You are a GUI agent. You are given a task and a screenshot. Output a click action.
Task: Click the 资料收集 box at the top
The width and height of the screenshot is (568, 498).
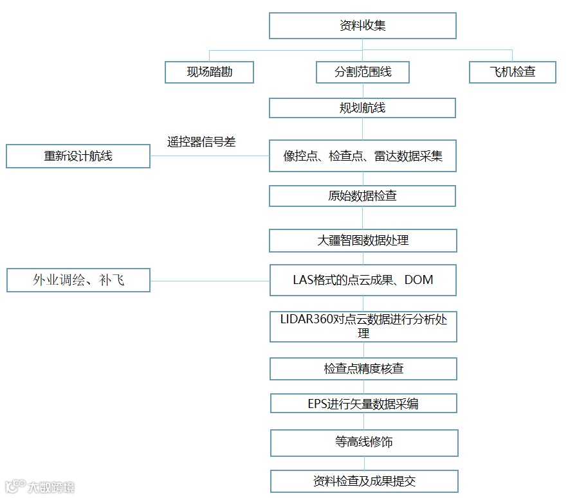tap(362, 26)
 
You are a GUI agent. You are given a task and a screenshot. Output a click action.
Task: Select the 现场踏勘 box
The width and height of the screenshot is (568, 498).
tap(209, 72)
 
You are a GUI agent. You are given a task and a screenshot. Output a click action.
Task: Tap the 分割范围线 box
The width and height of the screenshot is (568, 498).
tap(363, 72)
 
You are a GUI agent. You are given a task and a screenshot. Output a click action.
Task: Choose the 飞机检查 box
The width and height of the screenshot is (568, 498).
tap(512, 72)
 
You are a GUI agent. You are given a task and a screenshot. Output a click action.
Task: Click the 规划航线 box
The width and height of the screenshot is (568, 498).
tap(362, 108)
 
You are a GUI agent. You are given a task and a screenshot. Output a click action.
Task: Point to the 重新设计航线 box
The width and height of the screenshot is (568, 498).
tap(78, 156)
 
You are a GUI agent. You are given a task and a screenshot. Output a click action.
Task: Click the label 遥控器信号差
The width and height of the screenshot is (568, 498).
tap(201, 142)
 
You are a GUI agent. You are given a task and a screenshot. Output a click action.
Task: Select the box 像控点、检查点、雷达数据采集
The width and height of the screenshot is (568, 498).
tap(362, 156)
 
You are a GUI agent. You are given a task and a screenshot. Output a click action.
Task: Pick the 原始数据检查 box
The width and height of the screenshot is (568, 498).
tap(362, 196)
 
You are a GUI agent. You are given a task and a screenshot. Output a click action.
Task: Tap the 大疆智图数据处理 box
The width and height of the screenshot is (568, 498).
tap(363, 240)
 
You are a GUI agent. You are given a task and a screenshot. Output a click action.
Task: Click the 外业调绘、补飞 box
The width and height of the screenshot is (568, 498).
tap(78, 280)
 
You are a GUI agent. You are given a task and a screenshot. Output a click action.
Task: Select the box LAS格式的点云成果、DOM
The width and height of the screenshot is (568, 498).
tap(363, 280)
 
